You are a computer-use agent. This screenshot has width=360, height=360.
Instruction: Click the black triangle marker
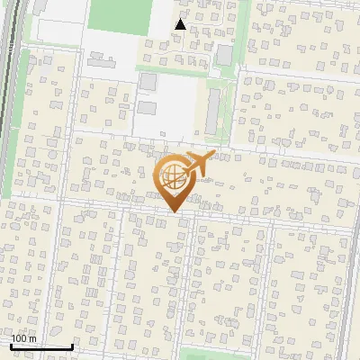click(x=181, y=24)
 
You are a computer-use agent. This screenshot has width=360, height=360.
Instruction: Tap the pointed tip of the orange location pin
click(x=173, y=211)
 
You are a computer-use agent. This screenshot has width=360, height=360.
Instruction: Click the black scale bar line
click(x=40, y=346)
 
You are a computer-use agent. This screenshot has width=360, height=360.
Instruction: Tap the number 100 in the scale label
click(x=18, y=339)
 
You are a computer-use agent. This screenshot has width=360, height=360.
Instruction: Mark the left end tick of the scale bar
click(x=10, y=345)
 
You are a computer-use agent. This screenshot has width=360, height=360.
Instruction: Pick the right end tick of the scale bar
click(x=72, y=345)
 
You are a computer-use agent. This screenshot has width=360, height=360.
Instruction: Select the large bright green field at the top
click(x=119, y=16)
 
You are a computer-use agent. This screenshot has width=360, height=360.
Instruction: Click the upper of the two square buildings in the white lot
click(x=148, y=82)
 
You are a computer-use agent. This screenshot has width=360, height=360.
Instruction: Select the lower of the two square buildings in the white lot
click(x=146, y=108)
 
